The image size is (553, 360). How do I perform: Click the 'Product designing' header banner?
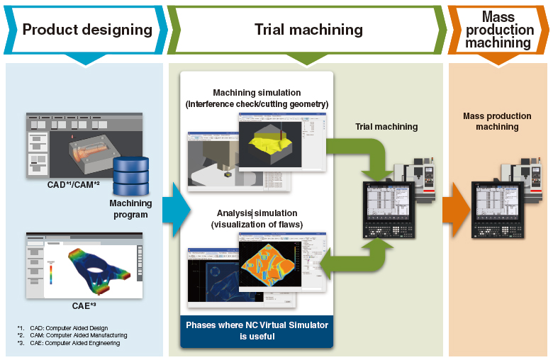(x=86, y=29)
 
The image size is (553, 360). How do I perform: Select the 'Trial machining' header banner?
(x=308, y=29)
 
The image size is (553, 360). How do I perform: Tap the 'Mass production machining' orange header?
(x=499, y=30)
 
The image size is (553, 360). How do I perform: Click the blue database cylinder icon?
(x=130, y=176)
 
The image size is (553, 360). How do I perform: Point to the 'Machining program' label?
(x=130, y=208)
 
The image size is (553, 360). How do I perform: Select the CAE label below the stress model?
(x=84, y=306)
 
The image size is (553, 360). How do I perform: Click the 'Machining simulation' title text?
(x=257, y=93)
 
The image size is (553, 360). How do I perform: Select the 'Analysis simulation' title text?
(x=257, y=213)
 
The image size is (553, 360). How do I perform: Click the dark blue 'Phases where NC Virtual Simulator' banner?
(x=257, y=331)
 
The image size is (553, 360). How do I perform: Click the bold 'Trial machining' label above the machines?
(x=386, y=127)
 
